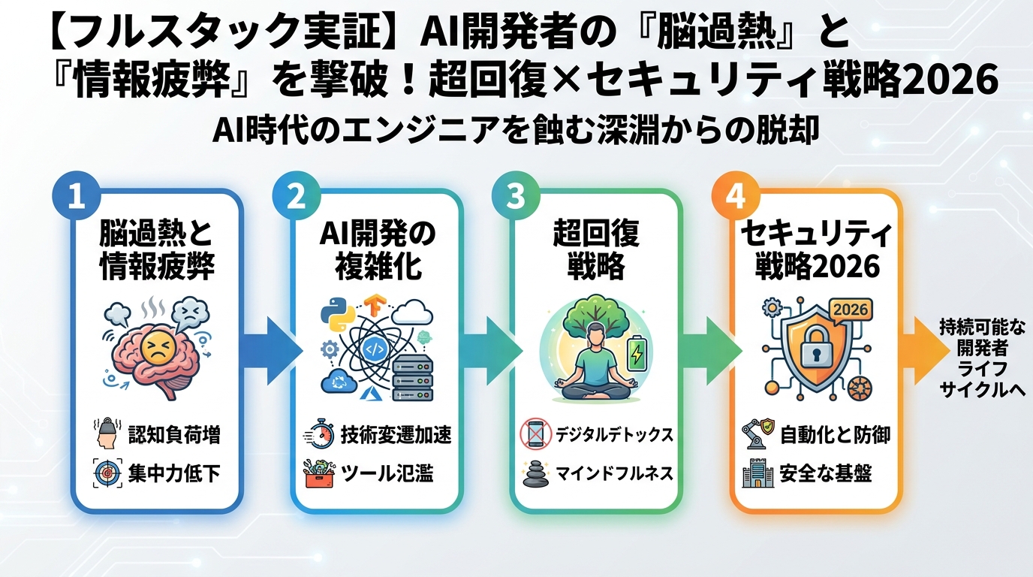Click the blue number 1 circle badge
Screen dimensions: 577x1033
click(74, 195)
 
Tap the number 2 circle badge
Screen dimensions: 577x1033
click(294, 195)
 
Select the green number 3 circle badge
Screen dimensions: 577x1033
click(514, 195)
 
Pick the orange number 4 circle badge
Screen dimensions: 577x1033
click(735, 195)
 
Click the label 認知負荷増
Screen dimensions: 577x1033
click(173, 435)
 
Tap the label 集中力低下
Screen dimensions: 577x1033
click(173, 474)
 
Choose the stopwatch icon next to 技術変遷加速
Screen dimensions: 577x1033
click(318, 435)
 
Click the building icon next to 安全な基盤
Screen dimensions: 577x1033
click(757, 474)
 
